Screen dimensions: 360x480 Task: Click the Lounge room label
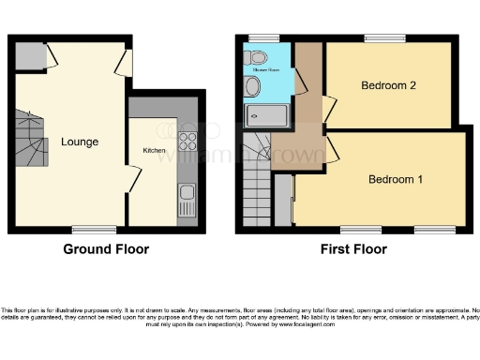(81, 142)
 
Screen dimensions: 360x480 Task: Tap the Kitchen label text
(154, 149)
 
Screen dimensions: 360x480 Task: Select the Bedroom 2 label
(388, 85)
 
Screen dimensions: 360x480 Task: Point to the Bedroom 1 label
(395, 179)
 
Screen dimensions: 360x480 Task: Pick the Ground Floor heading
(106, 249)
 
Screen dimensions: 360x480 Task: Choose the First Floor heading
(352, 249)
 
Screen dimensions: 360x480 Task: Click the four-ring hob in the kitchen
(187, 141)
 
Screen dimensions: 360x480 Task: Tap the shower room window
(265, 37)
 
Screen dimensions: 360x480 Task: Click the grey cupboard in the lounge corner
(29, 57)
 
